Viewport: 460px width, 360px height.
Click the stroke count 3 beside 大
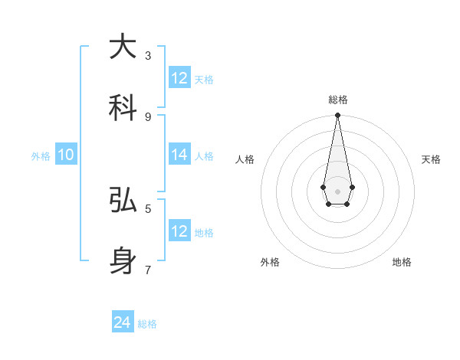click(148, 55)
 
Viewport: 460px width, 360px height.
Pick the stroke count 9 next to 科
click(148, 116)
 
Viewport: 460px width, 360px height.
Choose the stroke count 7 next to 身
click(148, 270)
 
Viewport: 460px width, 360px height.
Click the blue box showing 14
click(179, 155)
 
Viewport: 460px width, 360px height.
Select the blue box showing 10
click(66, 155)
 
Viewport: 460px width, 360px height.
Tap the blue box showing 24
click(123, 322)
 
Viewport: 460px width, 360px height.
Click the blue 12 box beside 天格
click(179, 78)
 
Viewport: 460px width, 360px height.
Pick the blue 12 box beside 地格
click(179, 231)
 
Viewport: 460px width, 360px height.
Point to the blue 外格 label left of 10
click(41, 156)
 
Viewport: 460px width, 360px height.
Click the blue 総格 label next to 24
click(147, 324)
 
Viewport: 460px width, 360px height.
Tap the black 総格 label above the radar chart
click(337, 100)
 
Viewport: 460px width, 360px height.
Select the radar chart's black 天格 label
click(431, 159)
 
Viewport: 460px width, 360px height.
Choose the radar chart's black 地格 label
click(402, 262)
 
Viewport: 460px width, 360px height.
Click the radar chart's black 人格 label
click(245, 159)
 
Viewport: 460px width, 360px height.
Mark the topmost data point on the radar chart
click(337, 116)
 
